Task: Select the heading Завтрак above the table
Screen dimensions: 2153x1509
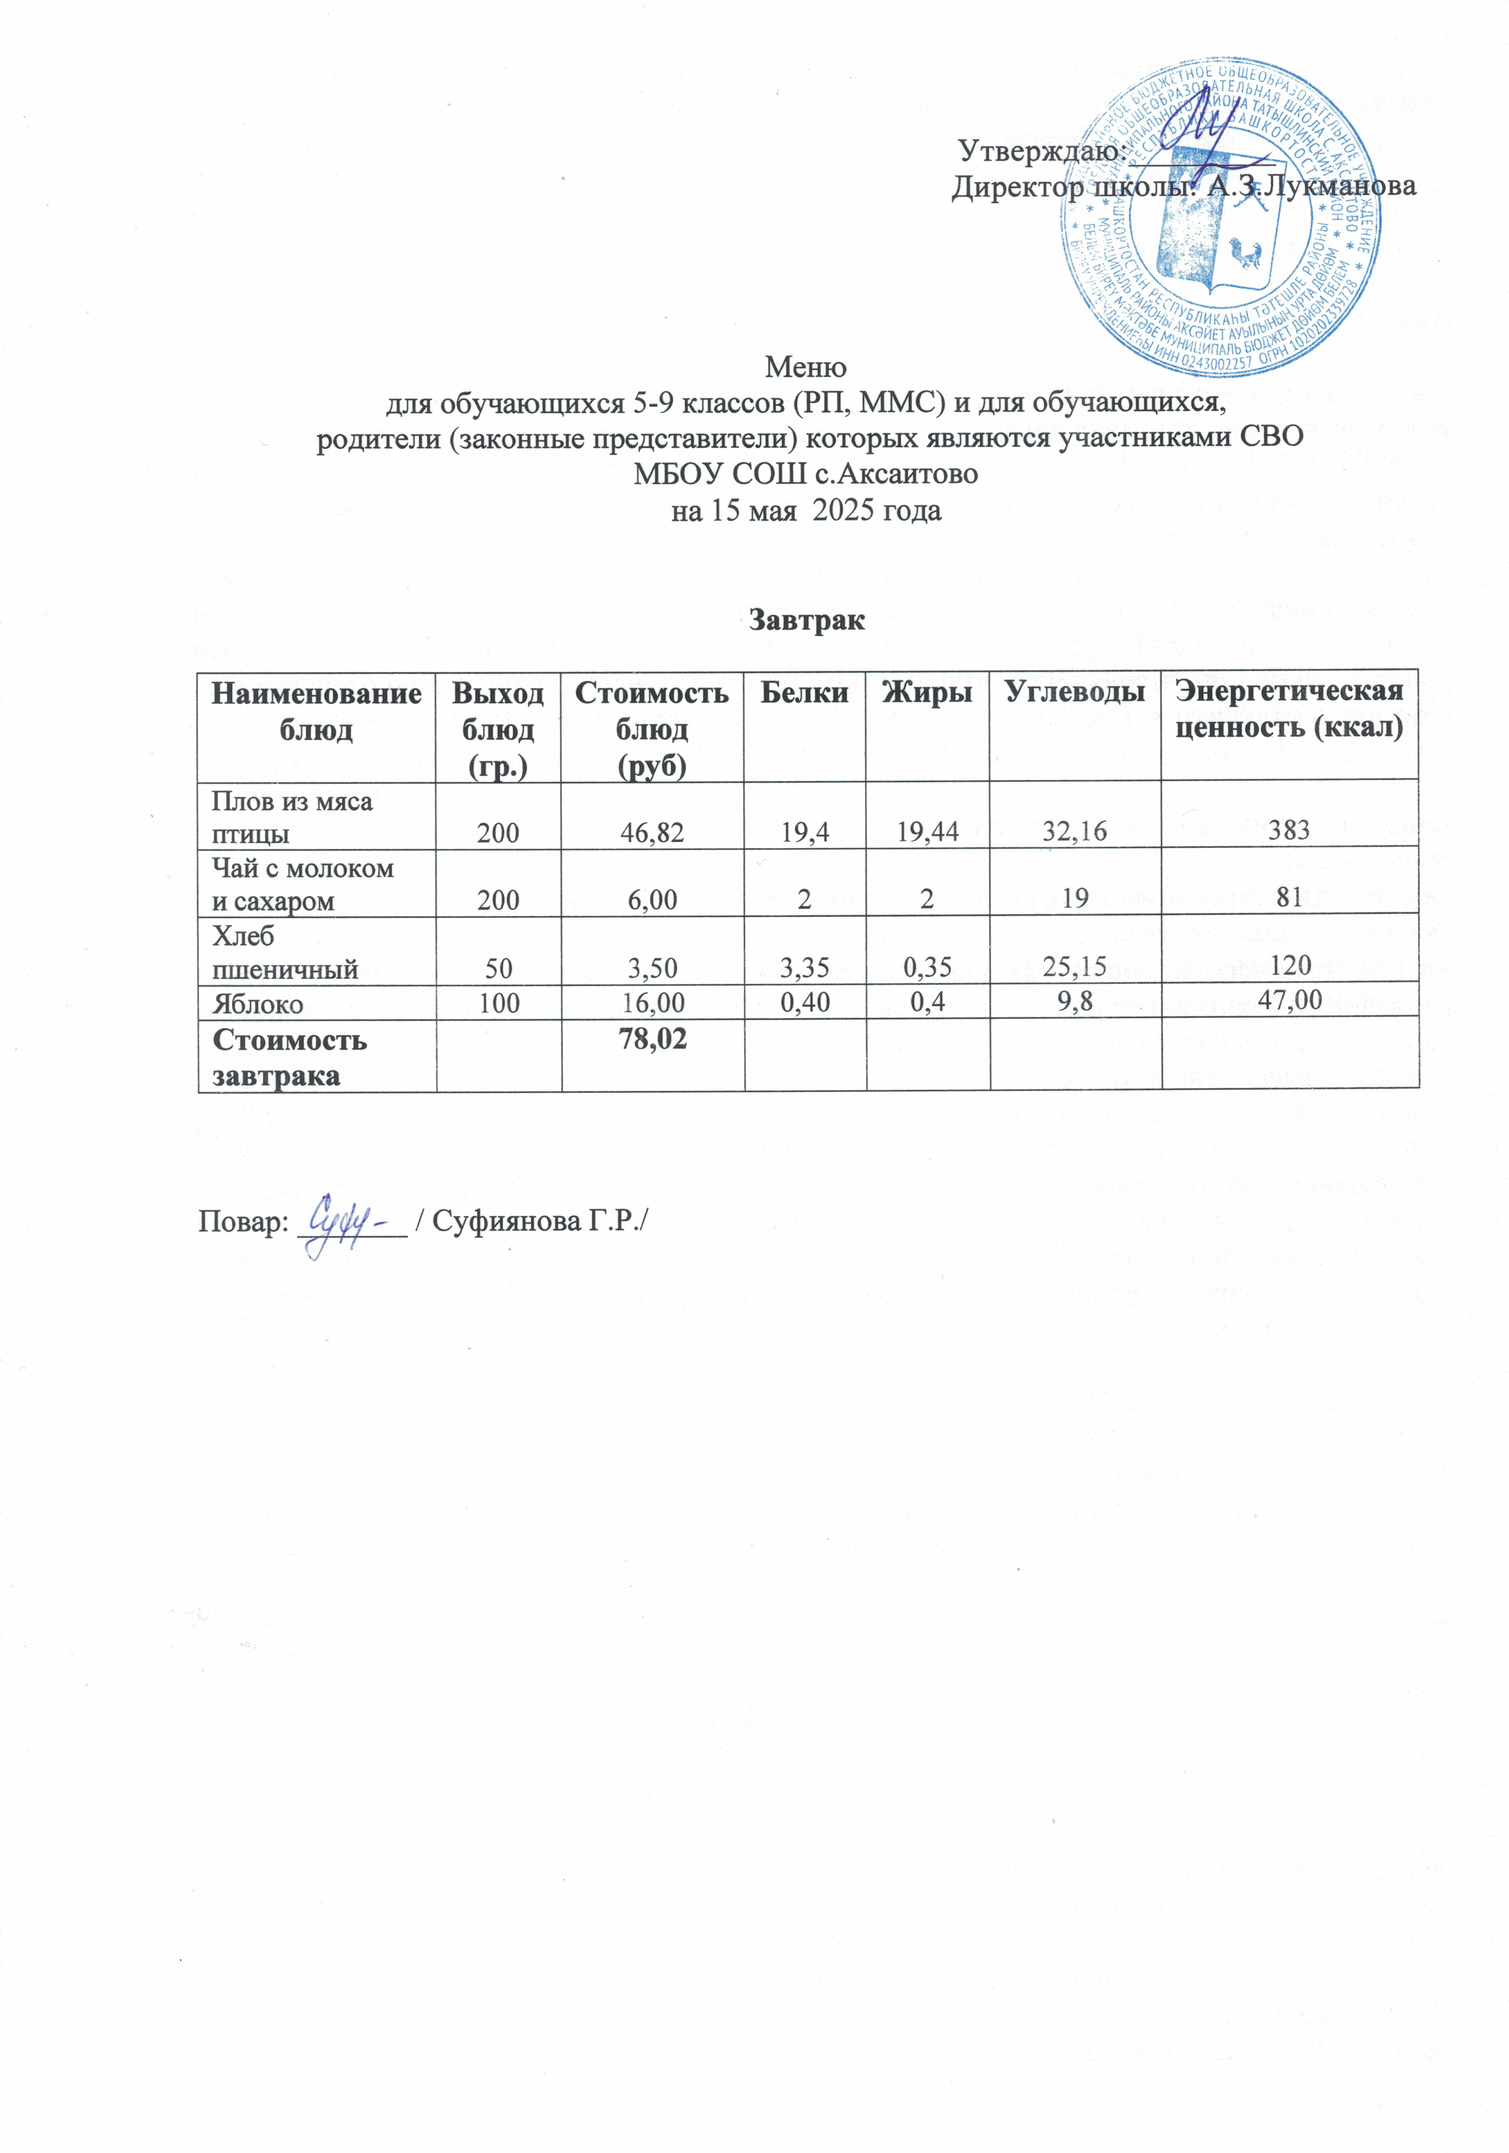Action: (x=806, y=620)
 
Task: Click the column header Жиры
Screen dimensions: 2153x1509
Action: (x=927, y=693)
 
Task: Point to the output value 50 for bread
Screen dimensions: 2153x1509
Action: (x=499, y=965)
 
